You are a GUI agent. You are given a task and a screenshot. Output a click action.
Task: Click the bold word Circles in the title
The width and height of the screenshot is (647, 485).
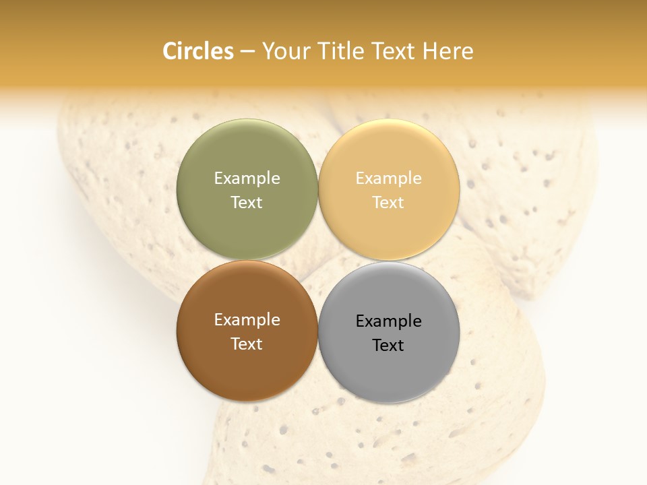tap(198, 51)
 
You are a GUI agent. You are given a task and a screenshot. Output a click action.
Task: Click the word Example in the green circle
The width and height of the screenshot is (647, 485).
tap(247, 178)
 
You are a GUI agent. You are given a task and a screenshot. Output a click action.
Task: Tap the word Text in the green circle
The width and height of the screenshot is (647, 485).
tap(247, 202)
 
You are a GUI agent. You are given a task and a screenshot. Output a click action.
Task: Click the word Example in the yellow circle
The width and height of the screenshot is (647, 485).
tap(389, 178)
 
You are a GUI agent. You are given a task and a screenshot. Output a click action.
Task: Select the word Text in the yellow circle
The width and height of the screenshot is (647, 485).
tap(389, 202)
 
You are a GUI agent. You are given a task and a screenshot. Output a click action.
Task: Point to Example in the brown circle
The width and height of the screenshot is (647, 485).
tap(247, 319)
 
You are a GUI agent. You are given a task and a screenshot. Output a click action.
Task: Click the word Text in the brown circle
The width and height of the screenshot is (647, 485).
tap(247, 344)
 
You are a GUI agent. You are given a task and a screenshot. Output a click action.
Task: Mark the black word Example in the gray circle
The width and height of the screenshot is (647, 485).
tap(389, 321)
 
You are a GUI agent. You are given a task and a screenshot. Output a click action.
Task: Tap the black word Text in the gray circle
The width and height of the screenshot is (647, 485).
tap(389, 345)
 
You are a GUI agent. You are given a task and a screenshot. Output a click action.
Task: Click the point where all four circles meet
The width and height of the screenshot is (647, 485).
tap(318, 261)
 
